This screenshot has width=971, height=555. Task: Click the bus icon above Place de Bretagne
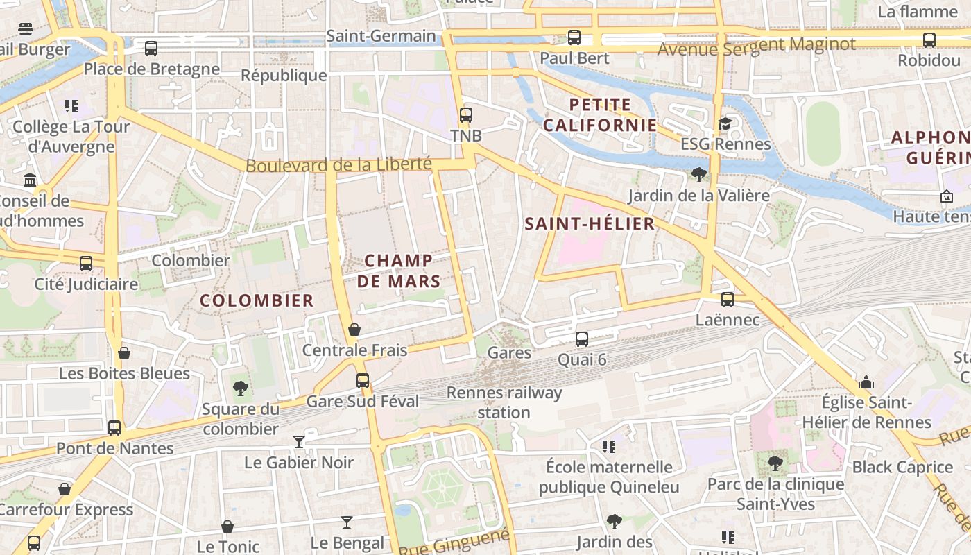click(151, 49)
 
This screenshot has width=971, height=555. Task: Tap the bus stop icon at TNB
click(466, 115)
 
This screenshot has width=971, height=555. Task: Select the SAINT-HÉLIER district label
click(590, 223)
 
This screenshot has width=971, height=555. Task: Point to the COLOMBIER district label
click(257, 300)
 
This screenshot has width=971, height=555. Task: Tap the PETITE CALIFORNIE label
click(600, 115)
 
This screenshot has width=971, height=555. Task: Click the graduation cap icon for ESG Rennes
click(725, 123)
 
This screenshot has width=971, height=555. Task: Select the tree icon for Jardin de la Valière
click(699, 175)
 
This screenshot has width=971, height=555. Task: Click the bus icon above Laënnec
click(728, 300)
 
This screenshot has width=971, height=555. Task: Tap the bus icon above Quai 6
click(582, 339)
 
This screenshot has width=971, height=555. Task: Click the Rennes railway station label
click(504, 402)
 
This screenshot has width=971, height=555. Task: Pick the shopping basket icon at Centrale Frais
click(354, 330)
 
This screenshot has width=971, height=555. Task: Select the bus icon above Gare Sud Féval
click(363, 381)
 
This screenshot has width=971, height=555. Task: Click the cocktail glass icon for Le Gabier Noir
click(299, 442)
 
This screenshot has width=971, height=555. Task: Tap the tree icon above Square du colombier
click(241, 388)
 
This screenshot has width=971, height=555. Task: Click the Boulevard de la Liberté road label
click(339, 165)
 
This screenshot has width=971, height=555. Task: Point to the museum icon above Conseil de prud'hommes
click(30, 180)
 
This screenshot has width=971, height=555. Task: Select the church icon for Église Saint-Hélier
click(866, 382)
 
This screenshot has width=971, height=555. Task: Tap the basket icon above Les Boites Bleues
click(124, 353)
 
